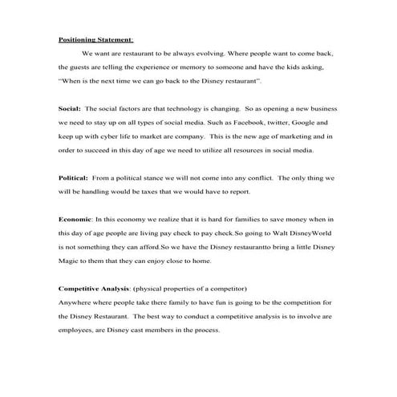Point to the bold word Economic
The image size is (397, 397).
pyautogui.click(x=76, y=219)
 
